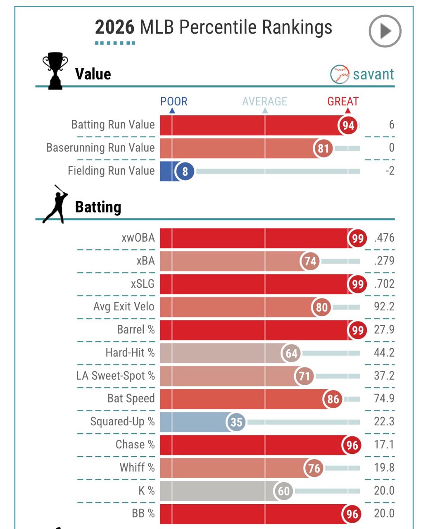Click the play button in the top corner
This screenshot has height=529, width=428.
tap(385, 31)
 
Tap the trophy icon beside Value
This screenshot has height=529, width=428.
tap(55, 71)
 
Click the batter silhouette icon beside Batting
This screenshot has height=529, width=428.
tap(56, 204)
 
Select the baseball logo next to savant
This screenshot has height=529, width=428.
tap(340, 74)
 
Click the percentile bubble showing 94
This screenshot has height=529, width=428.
tap(348, 125)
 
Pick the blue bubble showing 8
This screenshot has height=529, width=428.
tap(185, 171)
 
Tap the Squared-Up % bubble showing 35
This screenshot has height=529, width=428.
tap(236, 422)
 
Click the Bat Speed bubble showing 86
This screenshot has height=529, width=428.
tap(333, 399)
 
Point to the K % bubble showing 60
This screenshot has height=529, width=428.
tap(283, 491)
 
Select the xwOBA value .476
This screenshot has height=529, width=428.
tap(384, 238)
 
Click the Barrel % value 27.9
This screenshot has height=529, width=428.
tap(384, 330)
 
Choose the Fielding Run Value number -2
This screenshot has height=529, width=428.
tap(390, 171)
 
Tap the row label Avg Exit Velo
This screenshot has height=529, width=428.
tap(124, 307)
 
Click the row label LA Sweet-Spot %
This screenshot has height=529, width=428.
tap(115, 376)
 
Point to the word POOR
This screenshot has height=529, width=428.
tap(174, 101)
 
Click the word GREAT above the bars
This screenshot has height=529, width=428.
tap(343, 101)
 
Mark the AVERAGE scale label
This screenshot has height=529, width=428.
tap(264, 101)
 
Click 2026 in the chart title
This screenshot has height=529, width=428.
tap(114, 27)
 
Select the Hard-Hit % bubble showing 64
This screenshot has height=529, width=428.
tap(291, 353)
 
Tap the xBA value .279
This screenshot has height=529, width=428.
tap(384, 261)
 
